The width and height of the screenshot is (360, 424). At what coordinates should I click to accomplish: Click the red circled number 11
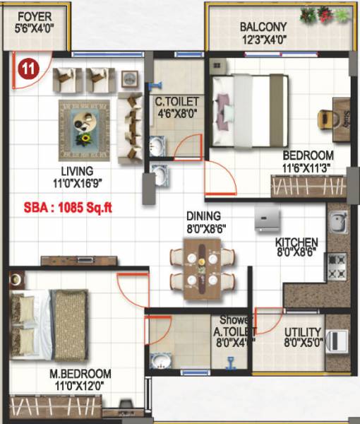coord(28,69)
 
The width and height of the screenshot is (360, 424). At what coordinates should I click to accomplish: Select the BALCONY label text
coord(262,34)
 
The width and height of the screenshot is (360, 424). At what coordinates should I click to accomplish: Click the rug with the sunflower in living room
coord(85,130)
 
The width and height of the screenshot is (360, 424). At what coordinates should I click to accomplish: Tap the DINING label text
coord(203,221)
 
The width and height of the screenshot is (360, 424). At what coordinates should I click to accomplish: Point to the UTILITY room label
coord(303,337)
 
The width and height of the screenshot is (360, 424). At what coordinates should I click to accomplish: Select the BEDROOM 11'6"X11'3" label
coord(308,161)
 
